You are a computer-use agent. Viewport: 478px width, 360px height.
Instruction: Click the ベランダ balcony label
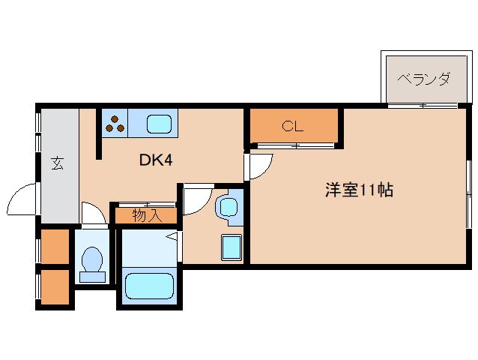pos(423,78)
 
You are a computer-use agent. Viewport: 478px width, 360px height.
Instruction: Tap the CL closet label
pos(292,126)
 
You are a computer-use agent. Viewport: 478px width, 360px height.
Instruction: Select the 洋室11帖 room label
pos(359,190)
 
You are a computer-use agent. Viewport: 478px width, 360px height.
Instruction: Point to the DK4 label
pos(157,160)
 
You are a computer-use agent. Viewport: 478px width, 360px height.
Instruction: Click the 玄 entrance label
pos(57,163)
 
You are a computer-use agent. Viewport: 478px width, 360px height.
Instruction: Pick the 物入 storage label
pos(146,216)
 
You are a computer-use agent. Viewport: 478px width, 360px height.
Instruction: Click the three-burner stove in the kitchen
pos(115,123)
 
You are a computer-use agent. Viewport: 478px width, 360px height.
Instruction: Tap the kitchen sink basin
pos(159,123)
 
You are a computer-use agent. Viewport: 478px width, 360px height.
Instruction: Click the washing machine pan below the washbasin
pos(230,247)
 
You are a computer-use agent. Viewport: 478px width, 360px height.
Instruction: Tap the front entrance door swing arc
pos(20,201)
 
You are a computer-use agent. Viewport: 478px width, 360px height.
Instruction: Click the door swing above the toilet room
pos(92,213)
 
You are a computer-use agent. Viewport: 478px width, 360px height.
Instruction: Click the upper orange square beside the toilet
pos(54,247)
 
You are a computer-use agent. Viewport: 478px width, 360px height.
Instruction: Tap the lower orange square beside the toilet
pos(54,286)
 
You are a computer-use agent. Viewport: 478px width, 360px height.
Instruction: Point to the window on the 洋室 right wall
pos(470,193)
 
